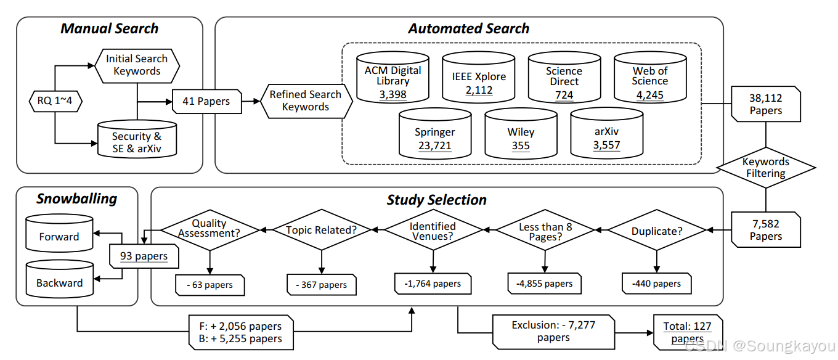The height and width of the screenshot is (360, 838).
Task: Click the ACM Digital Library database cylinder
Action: tap(393, 78)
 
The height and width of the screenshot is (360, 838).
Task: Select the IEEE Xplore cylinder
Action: tap(478, 78)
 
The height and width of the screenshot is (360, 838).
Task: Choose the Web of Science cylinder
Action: tap(649, 78)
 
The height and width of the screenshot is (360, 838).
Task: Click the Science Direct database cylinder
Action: tap(564, 78)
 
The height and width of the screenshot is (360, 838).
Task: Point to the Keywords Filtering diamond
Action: tap(765, 168)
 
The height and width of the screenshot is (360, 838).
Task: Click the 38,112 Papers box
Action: tap(765, 104)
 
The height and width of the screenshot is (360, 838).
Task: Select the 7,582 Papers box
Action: tap(765, 230)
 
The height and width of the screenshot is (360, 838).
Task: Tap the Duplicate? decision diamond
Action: tap(656, 231)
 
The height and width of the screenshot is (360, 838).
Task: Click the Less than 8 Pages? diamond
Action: tap(545, 231)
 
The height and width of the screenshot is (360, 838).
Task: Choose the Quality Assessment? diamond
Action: tap(209, 229)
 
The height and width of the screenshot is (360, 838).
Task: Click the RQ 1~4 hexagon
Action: tap(54, 100)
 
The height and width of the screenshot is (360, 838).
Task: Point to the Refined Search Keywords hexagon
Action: tap(305, 100)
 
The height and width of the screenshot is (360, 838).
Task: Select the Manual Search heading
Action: tap(110, 28)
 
